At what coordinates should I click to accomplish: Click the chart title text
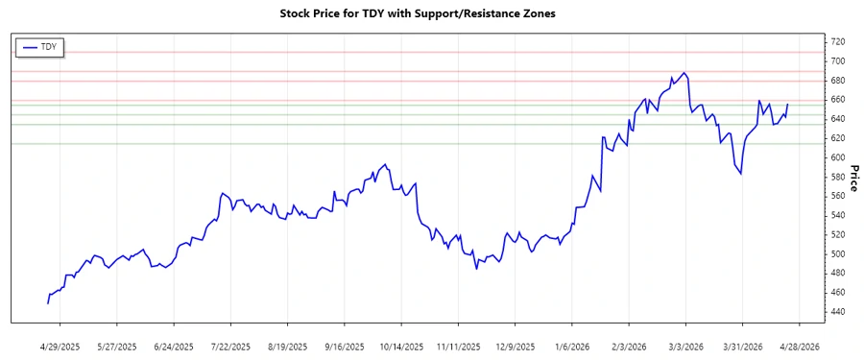(417, 13)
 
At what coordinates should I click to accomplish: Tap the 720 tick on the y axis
(838, 41)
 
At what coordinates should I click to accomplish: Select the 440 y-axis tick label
(838, 312)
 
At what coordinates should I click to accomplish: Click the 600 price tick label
(838, 157)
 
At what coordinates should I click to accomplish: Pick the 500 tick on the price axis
(838, 254)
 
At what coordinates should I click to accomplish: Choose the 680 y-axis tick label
(838, 81)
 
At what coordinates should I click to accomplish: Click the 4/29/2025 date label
(60, 346)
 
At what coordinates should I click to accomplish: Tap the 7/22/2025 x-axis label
(230, 346)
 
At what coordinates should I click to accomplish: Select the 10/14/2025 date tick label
(400, 346)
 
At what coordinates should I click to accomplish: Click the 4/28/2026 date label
(798, 346)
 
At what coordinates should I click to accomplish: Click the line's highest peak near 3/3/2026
(683, 73)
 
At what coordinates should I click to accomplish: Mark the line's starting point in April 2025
(48, 303)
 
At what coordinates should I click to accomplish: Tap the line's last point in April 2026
(788, 104)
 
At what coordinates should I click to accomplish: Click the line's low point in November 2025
(476, 268)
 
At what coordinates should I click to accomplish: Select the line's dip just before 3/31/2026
(740, 174)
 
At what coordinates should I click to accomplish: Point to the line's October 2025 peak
(385, 164)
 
